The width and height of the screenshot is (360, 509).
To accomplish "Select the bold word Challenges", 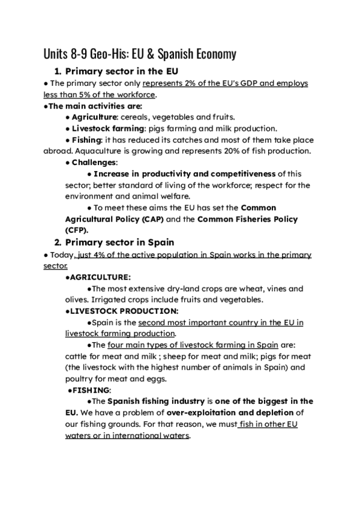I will tap(94, 162).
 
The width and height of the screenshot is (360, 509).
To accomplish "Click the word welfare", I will tap(175, 196).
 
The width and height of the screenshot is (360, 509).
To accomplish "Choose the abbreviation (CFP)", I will tap(76, 230).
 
